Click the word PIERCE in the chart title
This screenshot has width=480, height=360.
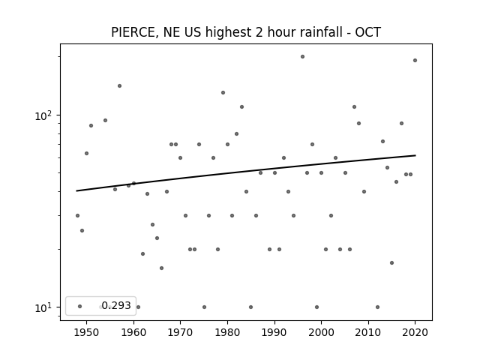tap(133, 32)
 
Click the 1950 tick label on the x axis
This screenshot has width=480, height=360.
tap(87, 332)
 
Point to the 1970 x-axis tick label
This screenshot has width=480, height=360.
tap(180, 332)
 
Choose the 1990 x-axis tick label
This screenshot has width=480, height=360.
tap(274, 332)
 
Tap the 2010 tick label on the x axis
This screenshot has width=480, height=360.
tap(368, 332)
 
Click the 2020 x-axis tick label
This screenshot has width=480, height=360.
tap(415, 332)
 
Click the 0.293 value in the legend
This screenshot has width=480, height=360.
tap(116, 305)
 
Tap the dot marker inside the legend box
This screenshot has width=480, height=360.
tap(80, 306)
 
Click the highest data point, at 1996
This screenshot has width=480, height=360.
tap(302, 57)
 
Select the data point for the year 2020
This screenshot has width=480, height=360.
tap(415, 60)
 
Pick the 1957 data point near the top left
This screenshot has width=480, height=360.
tap(120, 85)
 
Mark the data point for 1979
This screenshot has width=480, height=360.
tap(223, 92)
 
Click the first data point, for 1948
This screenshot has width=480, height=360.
tap(77, 215)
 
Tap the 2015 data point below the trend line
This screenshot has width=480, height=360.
tap(391, 263)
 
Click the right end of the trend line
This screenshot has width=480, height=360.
tap(415, 155)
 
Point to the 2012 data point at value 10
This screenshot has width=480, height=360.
tap(377, 307)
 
